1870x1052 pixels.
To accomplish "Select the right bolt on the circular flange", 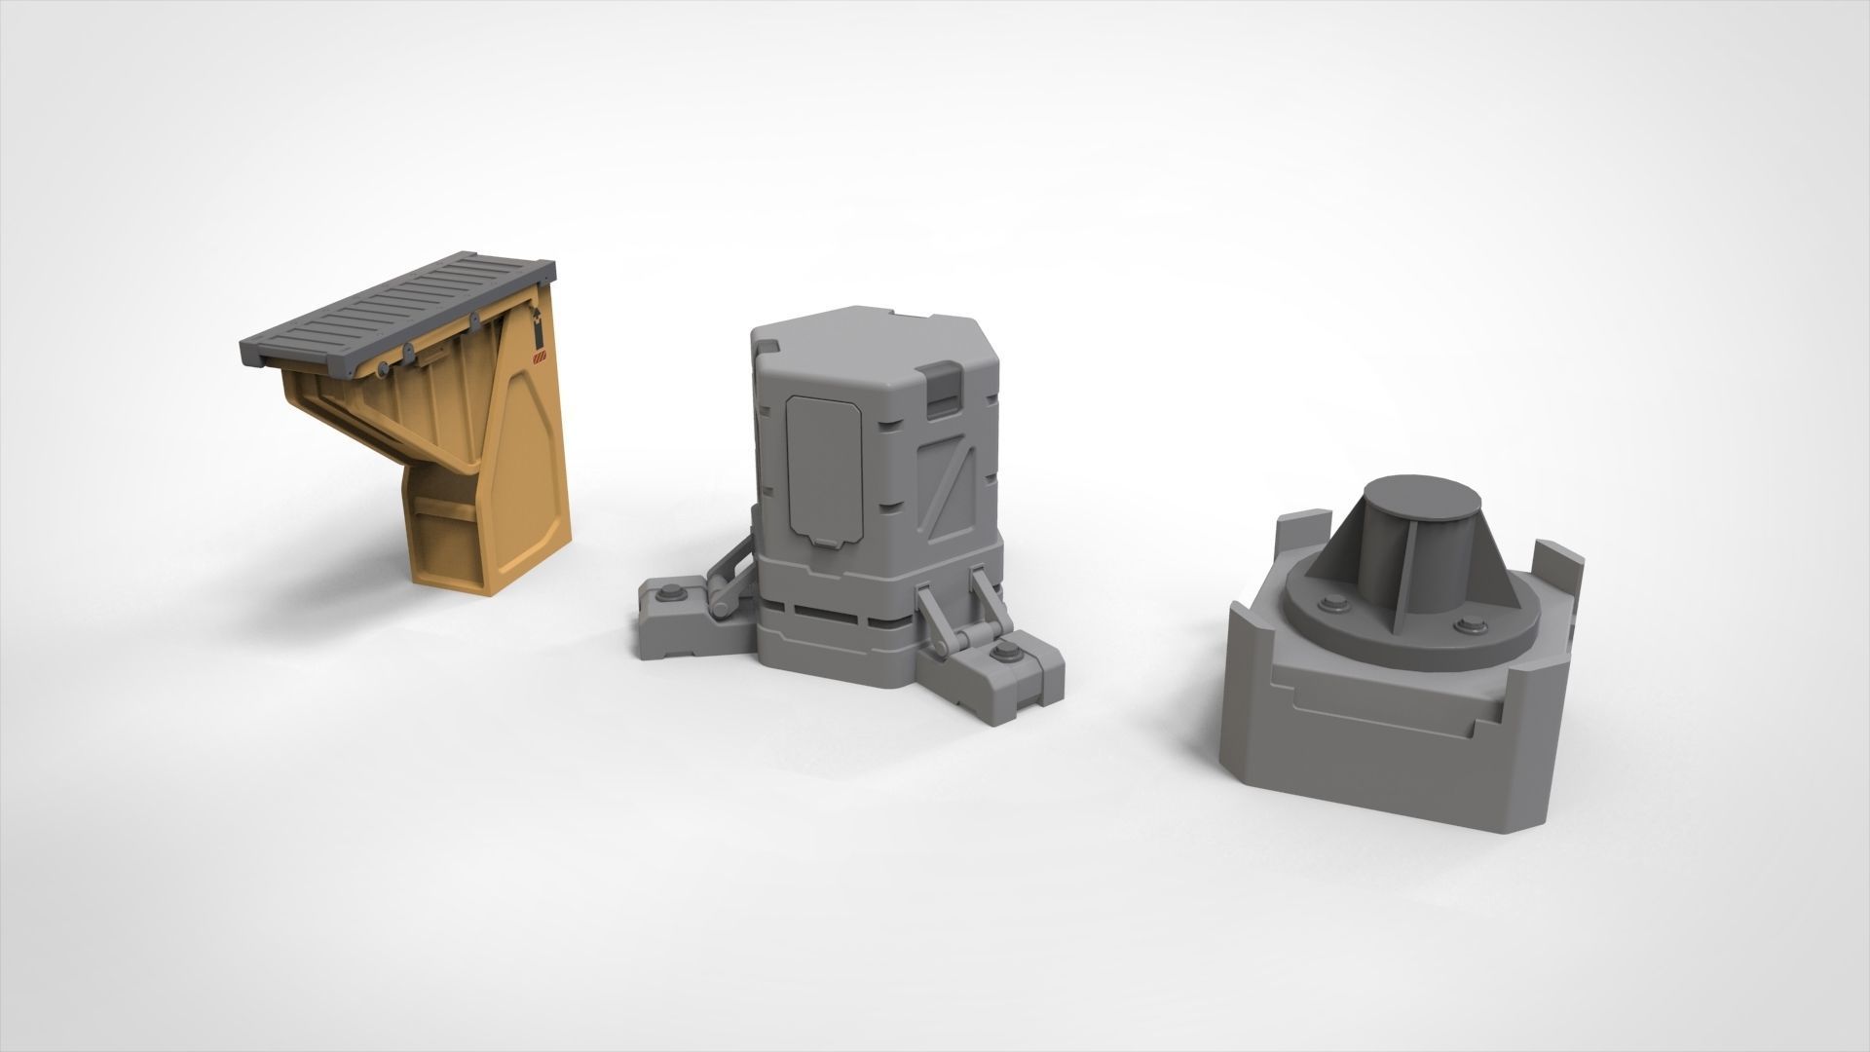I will coord(1468,623).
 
